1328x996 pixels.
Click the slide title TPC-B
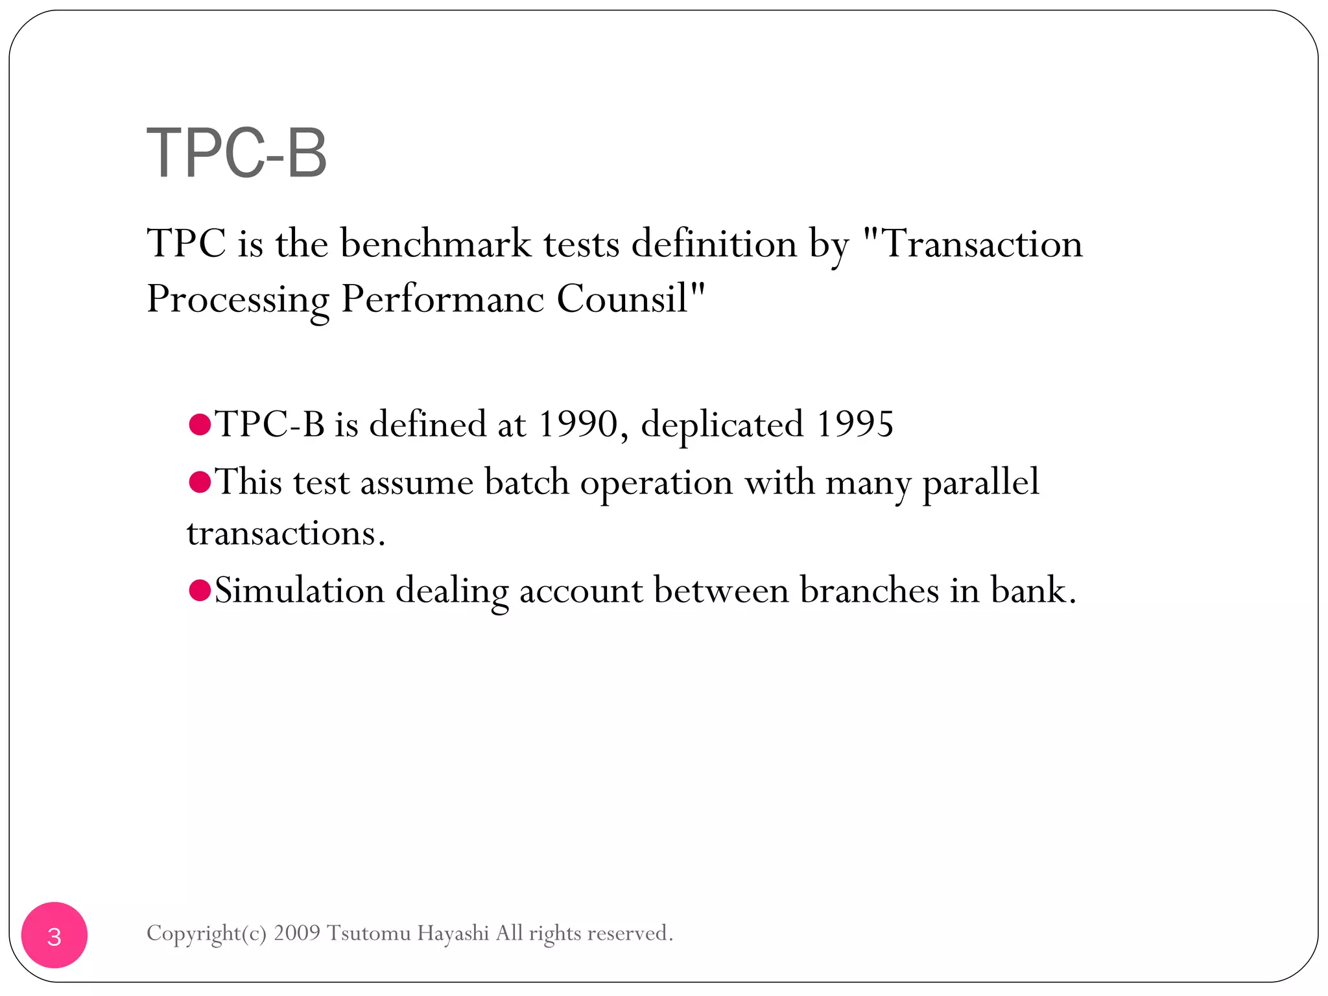point(237,153)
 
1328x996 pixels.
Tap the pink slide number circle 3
point(54,935)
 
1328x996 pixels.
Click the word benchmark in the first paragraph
point(435,244)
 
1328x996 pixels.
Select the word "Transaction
point(973,244)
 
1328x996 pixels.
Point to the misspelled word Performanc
point(442,299)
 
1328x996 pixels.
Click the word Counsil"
point(630,299)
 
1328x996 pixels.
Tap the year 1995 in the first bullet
point(855,424)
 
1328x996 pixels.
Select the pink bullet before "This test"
point(200,482)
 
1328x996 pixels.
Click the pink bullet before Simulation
point(200,590)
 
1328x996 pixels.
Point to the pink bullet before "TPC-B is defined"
point(200,425)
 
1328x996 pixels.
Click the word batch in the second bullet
point(527,482)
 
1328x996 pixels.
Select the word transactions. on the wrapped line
point(286,534)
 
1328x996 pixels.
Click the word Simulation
point(300,591)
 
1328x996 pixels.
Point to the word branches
point(869,591)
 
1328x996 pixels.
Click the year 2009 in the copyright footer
point(297,933)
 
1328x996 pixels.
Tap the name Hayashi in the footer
point(453,934)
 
